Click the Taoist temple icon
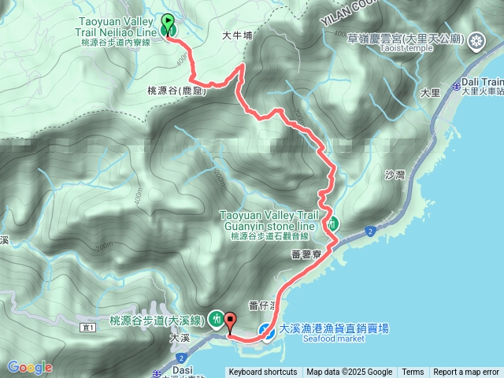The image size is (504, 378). (x=476, y=39)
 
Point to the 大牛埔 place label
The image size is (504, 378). (x=236, y=35)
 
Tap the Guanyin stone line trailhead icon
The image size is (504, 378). (x=333, y=224)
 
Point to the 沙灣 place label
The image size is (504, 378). (x=395, y=176)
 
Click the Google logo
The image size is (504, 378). (x=30, y=367)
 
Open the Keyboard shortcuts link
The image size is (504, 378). (x=263, y=372)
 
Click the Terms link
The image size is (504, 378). (x=413, y=372)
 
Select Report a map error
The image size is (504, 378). (x=466, y=372)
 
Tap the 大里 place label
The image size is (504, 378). (x=429, y=93)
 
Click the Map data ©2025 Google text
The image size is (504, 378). (x=350, y=372)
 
